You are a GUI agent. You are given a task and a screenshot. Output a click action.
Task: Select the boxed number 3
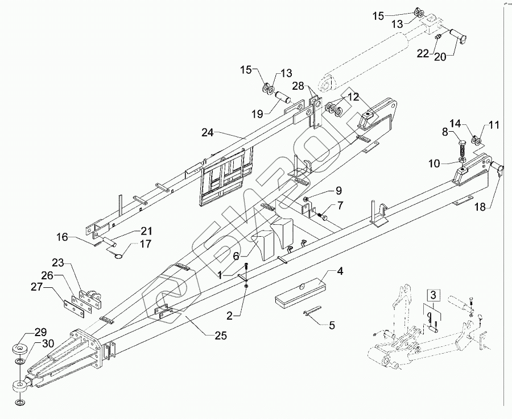[x=434, y=295]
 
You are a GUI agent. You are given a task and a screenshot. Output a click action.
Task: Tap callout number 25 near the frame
[x=220, y=336]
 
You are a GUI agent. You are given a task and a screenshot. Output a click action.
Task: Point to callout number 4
[x=340, y=271]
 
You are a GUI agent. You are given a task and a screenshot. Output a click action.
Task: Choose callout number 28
[x=299, y=86]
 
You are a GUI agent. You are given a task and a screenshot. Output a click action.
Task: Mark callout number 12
[x=354, y=97]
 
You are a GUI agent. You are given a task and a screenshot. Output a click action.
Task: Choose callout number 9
[x=338, y=190]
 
